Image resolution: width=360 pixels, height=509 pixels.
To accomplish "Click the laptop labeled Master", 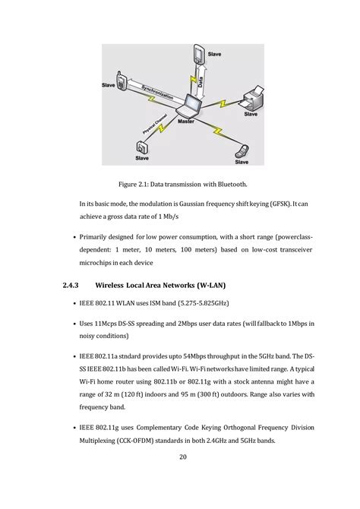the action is [189, 106].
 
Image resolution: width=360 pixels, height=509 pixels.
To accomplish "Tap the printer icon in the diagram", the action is [254, 98].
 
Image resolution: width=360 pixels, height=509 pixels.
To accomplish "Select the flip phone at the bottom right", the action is [242, 151].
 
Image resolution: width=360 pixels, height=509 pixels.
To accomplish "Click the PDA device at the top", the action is [199, 54].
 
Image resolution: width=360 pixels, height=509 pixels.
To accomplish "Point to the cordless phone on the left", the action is [121, 81].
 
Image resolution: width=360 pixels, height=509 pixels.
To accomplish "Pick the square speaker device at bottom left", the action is [142, 147].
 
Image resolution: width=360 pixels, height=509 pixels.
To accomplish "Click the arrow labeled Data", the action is [201, 81].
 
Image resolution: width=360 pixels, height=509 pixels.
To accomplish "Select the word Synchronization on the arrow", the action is [157, 92].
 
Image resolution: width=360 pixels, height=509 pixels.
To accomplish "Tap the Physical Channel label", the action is [155, 124].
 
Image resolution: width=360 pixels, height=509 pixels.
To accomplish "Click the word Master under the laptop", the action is [186, 122].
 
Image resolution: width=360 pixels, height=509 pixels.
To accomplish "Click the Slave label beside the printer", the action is [251, 114].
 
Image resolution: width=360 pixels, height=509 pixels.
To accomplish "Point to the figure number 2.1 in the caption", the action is [143, 185].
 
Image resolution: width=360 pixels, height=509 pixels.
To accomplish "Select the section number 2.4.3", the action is [71, 286].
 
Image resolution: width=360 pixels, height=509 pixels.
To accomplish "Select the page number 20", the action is [183, 457].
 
